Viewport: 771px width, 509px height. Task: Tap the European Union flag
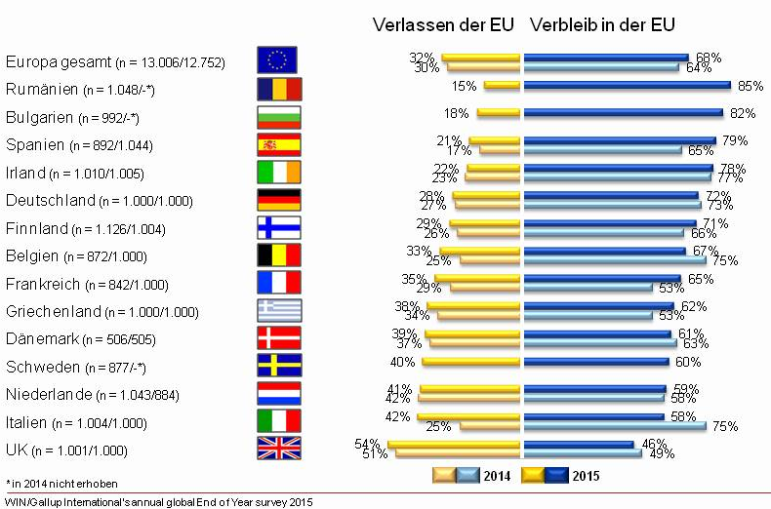point(279,61)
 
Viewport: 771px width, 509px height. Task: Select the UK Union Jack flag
point(279,449)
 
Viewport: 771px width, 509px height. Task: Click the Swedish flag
point(279,366)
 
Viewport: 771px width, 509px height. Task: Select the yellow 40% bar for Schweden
point(472,363)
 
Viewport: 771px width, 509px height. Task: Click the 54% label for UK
point(368,445)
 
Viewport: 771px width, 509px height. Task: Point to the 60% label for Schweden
point(688,363)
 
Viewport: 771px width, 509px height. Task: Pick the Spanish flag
point(279,144)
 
